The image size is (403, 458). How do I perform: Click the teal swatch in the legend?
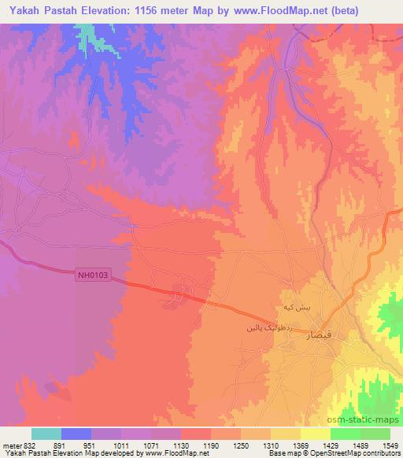[x=46, y=434]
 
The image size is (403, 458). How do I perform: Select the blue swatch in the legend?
[x=76, y=434]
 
